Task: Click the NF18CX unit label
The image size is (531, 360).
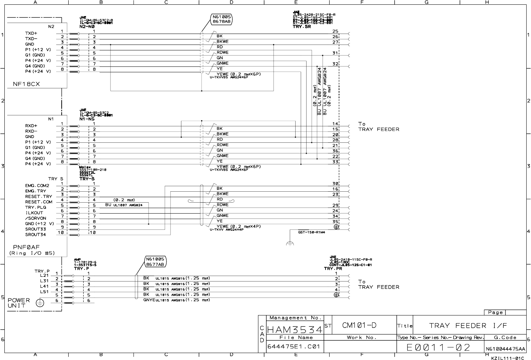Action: pos(26,84)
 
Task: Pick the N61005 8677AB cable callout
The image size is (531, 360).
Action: pos(155,261)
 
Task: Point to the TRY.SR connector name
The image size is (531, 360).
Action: pos(302,27)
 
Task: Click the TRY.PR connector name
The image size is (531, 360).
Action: pos(333,269)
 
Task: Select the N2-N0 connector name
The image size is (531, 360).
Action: pos(87,27)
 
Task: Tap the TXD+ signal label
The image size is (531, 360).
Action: pos(31,33)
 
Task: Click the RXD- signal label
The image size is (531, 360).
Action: pos(31,131)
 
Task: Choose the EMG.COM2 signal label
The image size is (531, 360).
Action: pos(37,185)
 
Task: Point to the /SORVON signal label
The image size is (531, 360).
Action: pos(36,218)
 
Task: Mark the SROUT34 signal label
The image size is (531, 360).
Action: pos(35,235)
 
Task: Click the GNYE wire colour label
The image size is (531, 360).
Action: pos(149,300)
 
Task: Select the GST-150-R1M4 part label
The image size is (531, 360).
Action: pos(311,232)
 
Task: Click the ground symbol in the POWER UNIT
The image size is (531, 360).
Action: pos(40,303)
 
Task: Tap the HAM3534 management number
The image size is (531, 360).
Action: pos(295,330)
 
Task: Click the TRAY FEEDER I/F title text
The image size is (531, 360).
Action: pos(468,326)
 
